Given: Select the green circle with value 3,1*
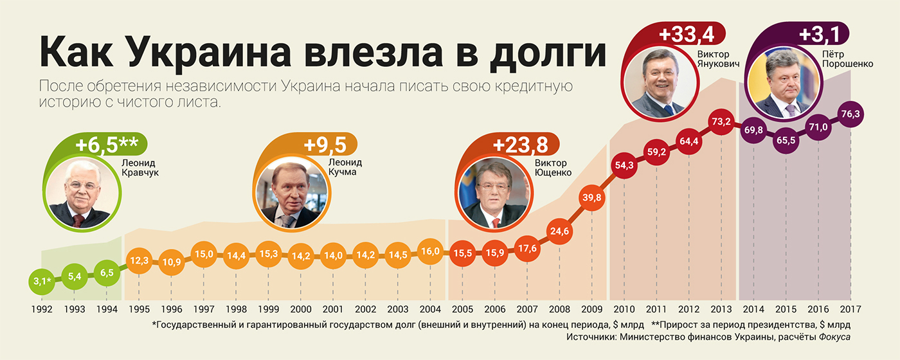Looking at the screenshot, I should (x=41, y=281).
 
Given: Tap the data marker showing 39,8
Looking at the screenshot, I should (x=591, y=198).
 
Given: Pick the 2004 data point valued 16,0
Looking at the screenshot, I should (x=430, y=252).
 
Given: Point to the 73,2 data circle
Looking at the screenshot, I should (x=721, y=121).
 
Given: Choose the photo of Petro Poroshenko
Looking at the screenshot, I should (x=782, y=84).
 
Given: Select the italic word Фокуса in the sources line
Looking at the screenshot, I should (x=827, y=337).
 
